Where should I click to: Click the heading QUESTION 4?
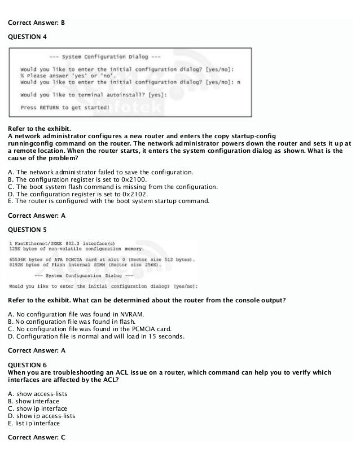point(28,37)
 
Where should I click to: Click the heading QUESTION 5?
point(28,230)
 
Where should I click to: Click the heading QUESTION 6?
point(28,365)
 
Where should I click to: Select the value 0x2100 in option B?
point(134,179)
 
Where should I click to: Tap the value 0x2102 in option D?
point(134,194)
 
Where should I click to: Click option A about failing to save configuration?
point(102,172)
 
